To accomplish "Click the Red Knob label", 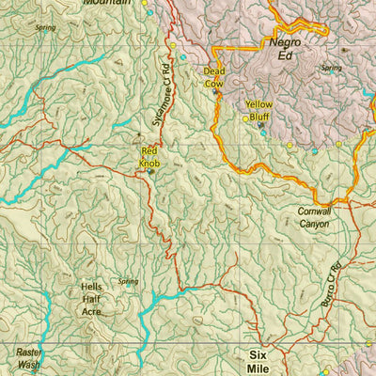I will (149, 157).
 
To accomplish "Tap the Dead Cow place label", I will (215, 76).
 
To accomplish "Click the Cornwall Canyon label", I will (313, 218).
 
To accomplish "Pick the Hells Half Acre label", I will (91, 298).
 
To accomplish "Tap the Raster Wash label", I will (28, 357).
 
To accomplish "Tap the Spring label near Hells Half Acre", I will (128, 281).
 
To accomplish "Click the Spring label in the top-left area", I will (44, 27).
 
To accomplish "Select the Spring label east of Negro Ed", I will (331, 68).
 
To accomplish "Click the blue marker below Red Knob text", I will (150, 172).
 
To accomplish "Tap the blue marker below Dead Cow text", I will (215, 91).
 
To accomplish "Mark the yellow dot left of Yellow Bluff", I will (245, 118).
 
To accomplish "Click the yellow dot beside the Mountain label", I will (145, 3).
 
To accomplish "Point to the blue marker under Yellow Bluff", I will (262, 133).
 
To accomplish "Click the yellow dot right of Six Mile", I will (325, 369).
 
